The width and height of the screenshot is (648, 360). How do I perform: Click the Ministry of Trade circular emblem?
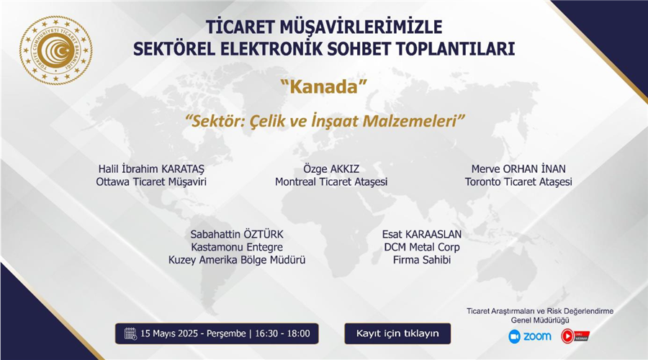point(55,50)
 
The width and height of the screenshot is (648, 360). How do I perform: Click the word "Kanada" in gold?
point(323,87)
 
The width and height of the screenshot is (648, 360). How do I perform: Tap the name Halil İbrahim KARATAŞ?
point(151,168)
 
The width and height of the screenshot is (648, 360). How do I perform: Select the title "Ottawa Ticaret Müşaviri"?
point(151,182)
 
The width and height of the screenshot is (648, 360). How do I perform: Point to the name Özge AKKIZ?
point(331,168)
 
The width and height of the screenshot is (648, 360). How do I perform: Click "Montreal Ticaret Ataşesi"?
point(331,182)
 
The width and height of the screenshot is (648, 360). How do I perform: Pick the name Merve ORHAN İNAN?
point(518,168)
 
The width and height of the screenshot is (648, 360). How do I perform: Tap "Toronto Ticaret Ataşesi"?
point(518,182)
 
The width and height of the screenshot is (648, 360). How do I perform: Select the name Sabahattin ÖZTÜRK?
point(237,234)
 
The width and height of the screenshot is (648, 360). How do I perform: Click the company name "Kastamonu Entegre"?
point(237,247)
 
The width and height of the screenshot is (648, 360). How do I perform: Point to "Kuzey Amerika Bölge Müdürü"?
point(237,260)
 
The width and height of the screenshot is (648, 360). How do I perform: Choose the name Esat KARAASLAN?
point(421,234)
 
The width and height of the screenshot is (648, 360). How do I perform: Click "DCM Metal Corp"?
point(421,247)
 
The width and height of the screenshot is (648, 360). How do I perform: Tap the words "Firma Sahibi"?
point(421,260)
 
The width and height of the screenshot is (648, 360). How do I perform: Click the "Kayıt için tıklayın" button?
point(397,333)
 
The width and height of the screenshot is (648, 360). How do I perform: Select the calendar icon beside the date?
point(130,333)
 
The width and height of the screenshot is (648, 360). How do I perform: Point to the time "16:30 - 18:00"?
point(282,333)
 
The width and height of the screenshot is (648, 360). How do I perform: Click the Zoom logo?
point(530,336)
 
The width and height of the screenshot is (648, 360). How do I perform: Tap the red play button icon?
point(567,336)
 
